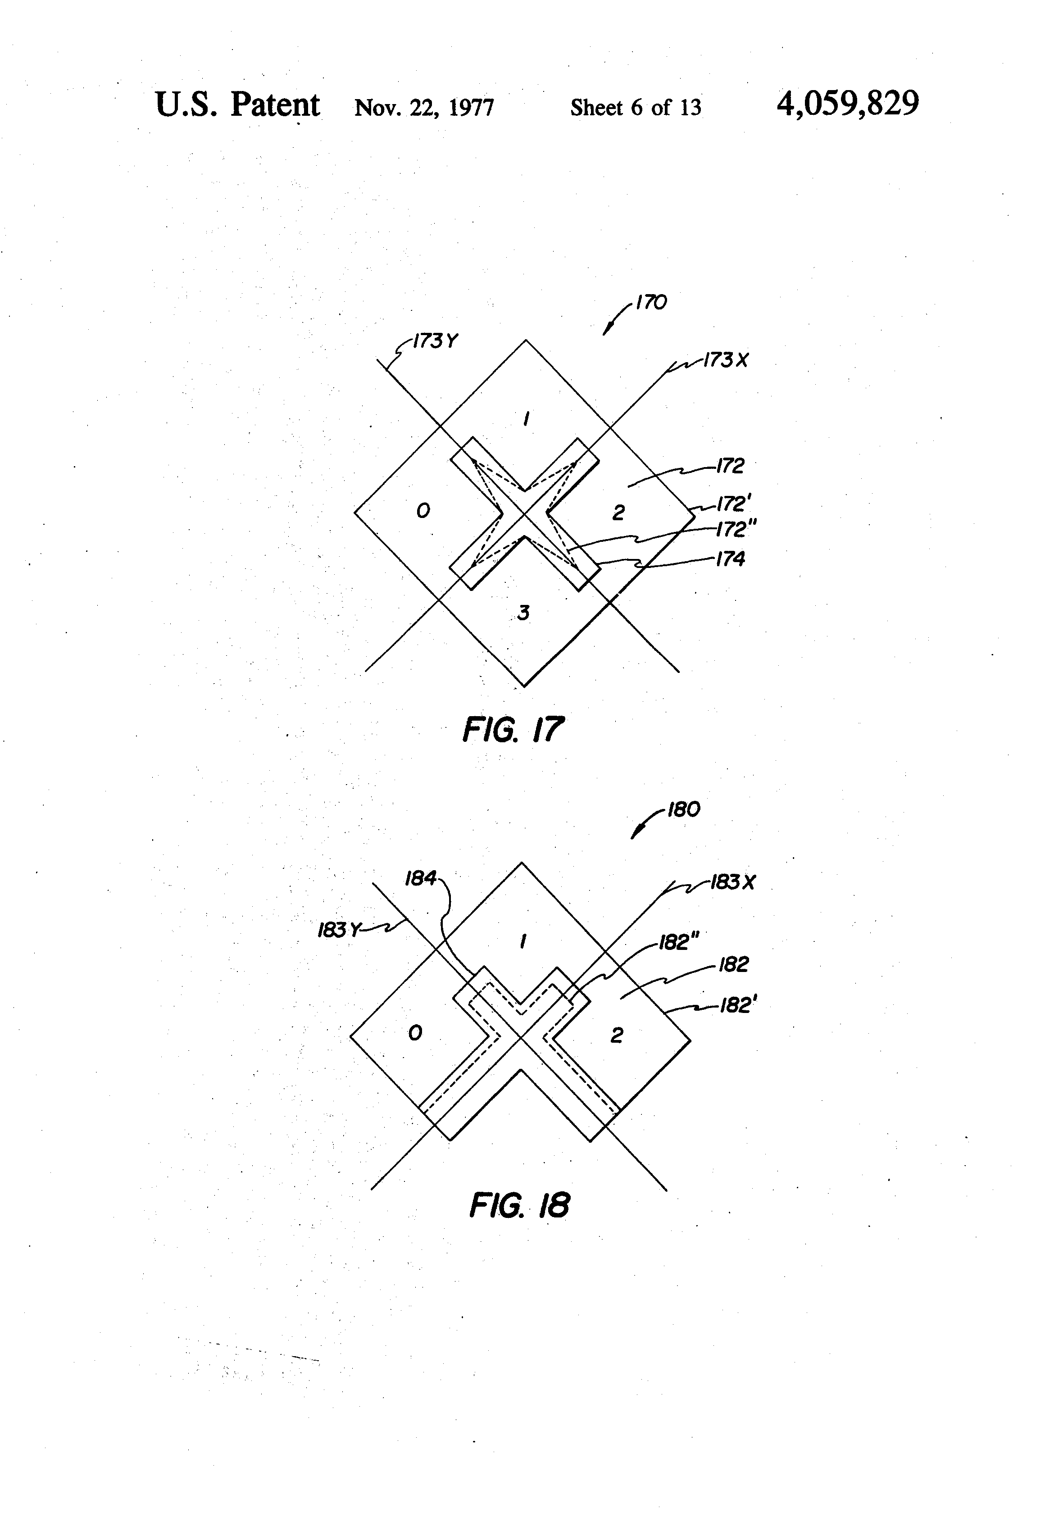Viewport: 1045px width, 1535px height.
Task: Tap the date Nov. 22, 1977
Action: (424, 107)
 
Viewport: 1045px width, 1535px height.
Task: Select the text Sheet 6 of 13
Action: (636, 107)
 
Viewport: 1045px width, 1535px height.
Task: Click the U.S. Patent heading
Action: (237, 104)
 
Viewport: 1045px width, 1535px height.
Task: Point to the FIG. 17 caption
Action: (513, 730)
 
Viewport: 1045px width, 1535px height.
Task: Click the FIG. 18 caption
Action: (519, 1205)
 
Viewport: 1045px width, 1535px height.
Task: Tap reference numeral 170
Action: (651, 303)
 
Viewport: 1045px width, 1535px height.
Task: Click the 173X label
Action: (726, 361)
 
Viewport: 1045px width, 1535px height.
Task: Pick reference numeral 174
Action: (730, 559)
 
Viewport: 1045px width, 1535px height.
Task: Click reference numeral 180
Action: (684, 810)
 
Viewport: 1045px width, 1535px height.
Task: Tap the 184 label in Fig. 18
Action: (421, 878)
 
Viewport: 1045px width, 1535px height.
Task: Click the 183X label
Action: (732, 882)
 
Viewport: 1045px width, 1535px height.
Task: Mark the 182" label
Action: (679, 943)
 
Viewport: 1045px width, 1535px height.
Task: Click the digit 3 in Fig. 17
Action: (523, 613)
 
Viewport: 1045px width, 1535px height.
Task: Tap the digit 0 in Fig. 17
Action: (423, 510)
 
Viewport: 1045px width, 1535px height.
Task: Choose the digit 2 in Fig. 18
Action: (616, 1035)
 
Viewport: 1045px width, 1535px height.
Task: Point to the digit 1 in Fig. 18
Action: (523, 941)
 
